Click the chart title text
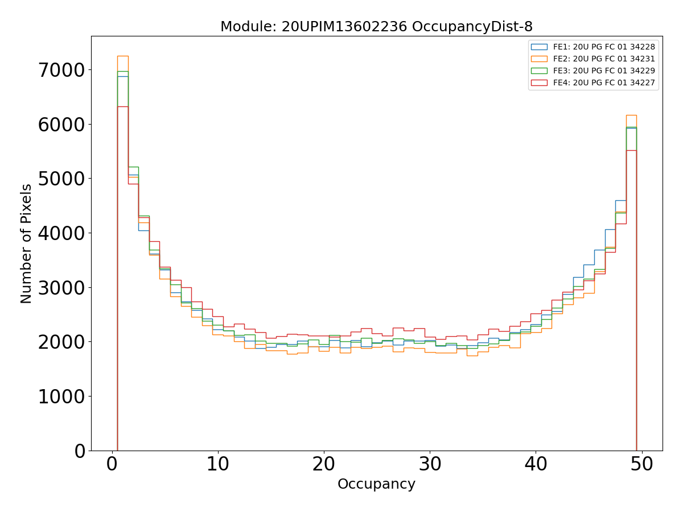click(x=376, y=27)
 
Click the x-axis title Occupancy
click(x=376, y=484)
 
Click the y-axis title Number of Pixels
click(x=27, y=243)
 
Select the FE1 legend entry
click(x=604, y=47)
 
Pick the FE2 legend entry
click(x=604, y=59)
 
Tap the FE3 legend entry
click(x=604, y=71)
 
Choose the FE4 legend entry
click(x=604, y=82)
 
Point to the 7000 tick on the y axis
click(x=61, y=71)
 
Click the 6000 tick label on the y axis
click(x=61, y=125)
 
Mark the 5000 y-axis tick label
click(x=61, y=179)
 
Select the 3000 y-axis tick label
click(x=61, y=288)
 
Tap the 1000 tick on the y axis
click(x=61, y=397)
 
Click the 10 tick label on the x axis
click(x=217, y=465)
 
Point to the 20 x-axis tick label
click(x=323, y=465)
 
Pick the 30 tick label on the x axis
click(x=430, y=465)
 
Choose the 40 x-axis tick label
click(x=536, y=465)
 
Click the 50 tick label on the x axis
click(x=641, y=465)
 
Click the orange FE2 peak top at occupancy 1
click(x=122, y=56)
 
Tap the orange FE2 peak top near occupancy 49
click(x=631, y=115)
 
